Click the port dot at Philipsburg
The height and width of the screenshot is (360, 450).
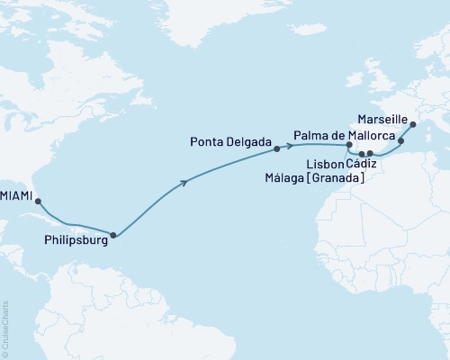point(112,236)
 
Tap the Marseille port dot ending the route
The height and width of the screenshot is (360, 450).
point(413,126)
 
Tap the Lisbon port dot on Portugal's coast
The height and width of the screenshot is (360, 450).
point(349,145)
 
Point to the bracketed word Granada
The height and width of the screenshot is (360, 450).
point(337,179)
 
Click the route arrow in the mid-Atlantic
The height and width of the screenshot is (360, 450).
point(185,184)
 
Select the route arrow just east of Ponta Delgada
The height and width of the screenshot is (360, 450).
point(291,145)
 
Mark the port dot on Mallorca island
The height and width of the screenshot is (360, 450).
point(401,140)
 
